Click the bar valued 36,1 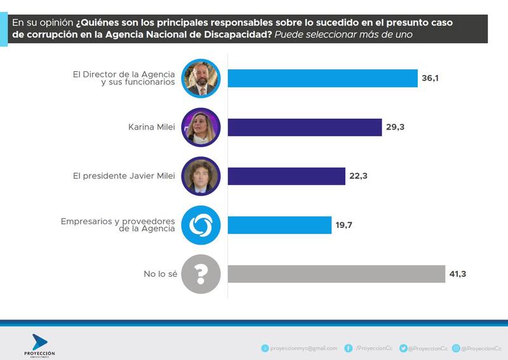click(x=322, y=78)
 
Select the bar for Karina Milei click(x=304, y=127)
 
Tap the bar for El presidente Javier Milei click(x=286, y=176)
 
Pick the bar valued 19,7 click(x=279, y=225)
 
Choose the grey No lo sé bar click(x=336, y=274)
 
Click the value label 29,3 click(x=395, y=127)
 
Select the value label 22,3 click(x=359, y=176)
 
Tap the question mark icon click(x=201, y=274)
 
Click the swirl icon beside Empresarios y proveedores click(x=201, y=225)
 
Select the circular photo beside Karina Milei click(x=201, y=128)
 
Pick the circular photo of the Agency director click(x=201, y=79)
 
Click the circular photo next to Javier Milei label click(x=201, y=177)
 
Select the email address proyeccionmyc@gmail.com click(x=304, y=348)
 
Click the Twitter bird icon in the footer click(x=402, y=348)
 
